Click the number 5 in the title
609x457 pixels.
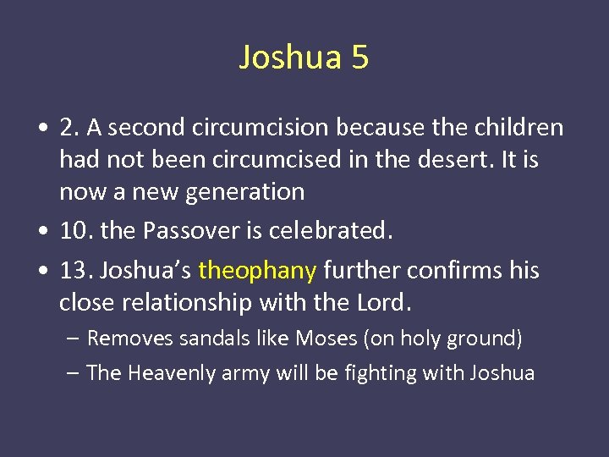359,58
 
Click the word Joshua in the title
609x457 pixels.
289,58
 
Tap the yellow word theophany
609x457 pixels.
257,271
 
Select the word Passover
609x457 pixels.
185,231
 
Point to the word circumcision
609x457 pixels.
261,128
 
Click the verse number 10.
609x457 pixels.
71,231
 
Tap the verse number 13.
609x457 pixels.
72,271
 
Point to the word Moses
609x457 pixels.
326,339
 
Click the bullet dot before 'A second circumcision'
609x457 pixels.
41,129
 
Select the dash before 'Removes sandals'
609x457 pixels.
73,339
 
